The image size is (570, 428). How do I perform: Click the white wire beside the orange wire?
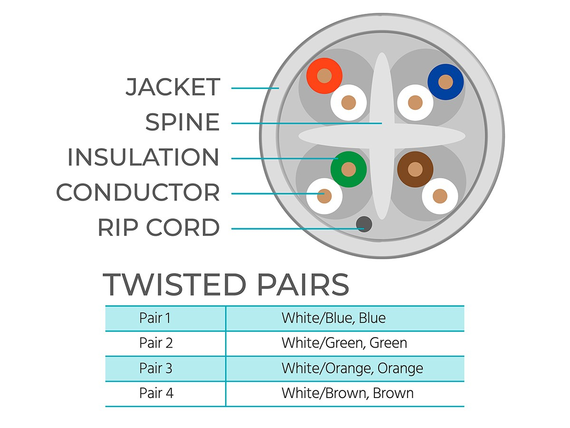pyautogui.click(x=349, y=103)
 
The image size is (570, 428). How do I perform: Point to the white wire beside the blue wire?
pyautogui.click(x=415, y=103)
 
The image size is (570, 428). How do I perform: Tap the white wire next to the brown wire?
pyautogui.click(x=440, y=196)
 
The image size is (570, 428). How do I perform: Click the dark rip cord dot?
pyautogui.click(x=364, y=224)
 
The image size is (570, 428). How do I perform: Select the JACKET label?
pyautogui.click(x=173, y=88)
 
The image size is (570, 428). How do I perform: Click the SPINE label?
pyautogui.click(x=182, y=122)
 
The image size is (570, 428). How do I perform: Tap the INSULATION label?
pyautogui.click(x=143, y=157)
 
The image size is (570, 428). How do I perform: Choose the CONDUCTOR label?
pyautogui.click(x=138, y=193)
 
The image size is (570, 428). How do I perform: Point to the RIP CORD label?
pyautogui.click(x=159, y=228)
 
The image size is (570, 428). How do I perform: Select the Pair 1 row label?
pyautogui.click(x=155, y=318)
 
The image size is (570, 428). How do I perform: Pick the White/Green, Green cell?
pyautogui.click(x=344, y=343)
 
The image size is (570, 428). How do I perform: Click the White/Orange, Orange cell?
pyautogui.click(x=352, y=368)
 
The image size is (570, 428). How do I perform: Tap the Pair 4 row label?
pyautogui.click(x=155, y=393)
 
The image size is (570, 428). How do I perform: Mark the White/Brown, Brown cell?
pyautogui.click(x=347, y=393)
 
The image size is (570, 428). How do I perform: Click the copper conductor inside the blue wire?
pyautogui.click(x=446, y=82)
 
